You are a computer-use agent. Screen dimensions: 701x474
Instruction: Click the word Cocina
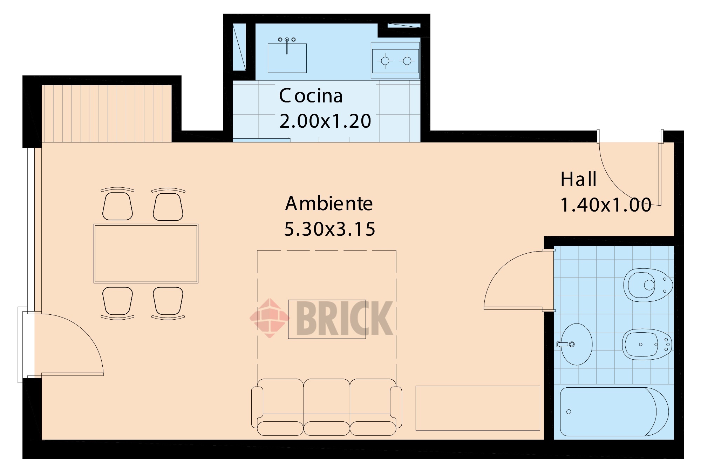click(311, 96)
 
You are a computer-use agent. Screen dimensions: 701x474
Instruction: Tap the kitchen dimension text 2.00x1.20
click(325, 121)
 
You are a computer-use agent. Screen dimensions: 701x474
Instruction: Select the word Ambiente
click(329, 203)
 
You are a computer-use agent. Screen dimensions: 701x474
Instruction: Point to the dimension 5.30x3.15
click(329, 229)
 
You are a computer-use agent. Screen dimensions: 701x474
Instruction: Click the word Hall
click(578, 179)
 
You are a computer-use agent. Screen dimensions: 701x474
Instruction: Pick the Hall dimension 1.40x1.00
click(606, 205)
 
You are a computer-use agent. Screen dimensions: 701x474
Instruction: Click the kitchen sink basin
click(287, 58)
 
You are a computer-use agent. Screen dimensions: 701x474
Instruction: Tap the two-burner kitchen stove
click(395, 61)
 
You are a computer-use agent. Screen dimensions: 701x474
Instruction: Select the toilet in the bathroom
click(648, 285)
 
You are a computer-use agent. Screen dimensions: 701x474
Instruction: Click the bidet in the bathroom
click(647, 344)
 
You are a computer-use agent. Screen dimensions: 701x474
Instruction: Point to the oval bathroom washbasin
click(576, 344)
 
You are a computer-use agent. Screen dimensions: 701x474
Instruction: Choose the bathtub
click(614, 412)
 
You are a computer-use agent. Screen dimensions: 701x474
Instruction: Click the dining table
click(146, 253)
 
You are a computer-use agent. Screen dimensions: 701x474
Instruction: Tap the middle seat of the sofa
click(327, 407)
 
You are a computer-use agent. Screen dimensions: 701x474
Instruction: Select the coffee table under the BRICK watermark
click(327, 319)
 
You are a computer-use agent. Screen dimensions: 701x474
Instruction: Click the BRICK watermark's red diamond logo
click(270, 318)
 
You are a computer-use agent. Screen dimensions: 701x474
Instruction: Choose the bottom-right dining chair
click(168, 302)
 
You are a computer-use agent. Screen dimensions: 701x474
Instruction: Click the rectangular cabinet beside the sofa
click(478, 408)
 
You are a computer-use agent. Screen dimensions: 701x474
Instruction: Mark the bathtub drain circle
click(569, 412)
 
